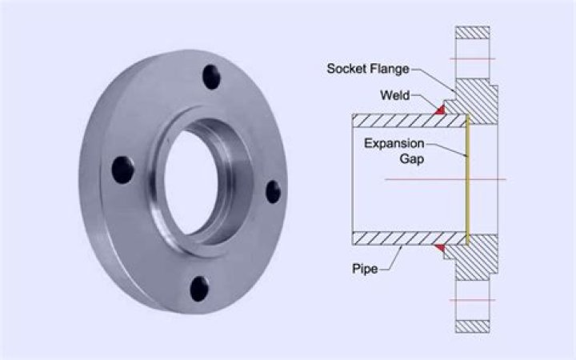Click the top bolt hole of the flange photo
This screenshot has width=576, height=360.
pyautogui.click(x=211, y=77)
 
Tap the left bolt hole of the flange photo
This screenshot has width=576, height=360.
pyautogui.click(x=122, y=170)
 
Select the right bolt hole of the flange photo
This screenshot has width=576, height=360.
pyautogui.click(x=273, y=192)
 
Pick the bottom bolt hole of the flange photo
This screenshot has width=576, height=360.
pyautogui.click(x=199, y=289)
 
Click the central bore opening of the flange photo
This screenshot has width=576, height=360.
pyautogui.click(x=191, y=182)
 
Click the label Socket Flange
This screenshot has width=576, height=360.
pyautogui.click(x=368, y=69)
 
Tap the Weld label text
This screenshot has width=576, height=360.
pyautogui.click(x=395, y=95)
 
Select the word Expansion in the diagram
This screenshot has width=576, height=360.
pyautogui.click(x=394, y=143)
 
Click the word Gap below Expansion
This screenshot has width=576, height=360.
pyautogui.click(x=412, y=158)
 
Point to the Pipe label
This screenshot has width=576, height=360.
pyautogui.click(x=365, y=269)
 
